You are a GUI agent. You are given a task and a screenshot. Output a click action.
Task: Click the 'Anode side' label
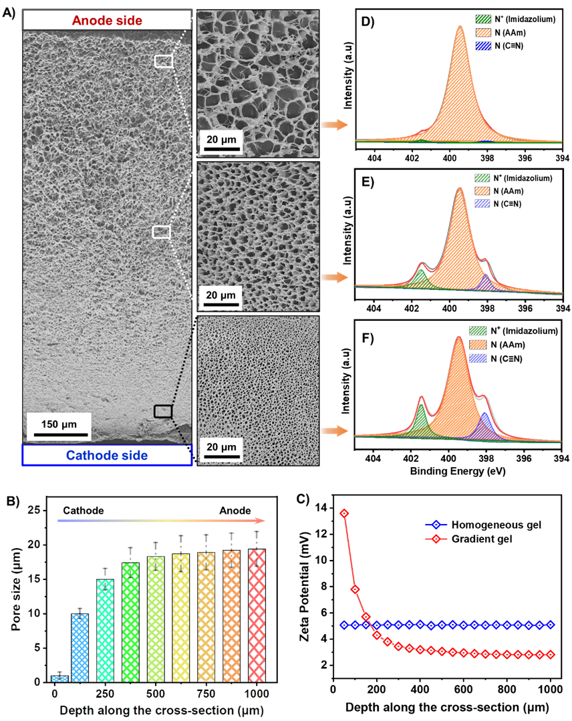(x=107, y=20)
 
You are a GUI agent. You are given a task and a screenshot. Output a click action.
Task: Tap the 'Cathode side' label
(x=107, y=455)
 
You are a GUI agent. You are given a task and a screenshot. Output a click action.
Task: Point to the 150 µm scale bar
(x=59, y=434)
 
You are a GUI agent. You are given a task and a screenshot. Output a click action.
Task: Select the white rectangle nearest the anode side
(x=164, y=61)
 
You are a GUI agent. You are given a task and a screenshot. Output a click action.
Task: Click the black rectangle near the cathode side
(x=163, y=412)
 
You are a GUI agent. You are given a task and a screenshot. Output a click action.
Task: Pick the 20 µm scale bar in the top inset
(x=221, y=147)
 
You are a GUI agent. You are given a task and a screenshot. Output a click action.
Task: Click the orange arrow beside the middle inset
(x=334, y=278)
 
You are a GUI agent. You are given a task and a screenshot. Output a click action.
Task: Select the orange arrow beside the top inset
(x=334, y=125)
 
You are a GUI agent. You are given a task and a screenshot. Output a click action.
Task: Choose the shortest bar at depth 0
(x=59, y=678)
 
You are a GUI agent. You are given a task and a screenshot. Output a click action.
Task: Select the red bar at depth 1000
(x=257, y=615)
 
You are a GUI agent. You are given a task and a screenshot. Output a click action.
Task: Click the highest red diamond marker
(x=344, y=513)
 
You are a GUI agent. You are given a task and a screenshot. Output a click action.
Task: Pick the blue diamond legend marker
(x=436, y=525)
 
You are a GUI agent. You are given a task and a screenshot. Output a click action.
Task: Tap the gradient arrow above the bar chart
(x=160, y=520)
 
